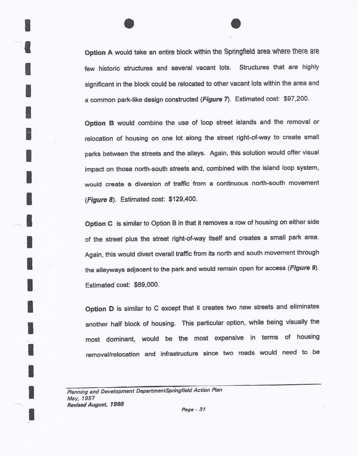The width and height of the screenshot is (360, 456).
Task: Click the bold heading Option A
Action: pyautogui.click(x=98, y=52)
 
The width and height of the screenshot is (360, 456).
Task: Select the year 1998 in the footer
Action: pyautogui.click(x=116, y=404)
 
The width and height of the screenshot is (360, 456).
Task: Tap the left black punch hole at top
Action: pyautogui.click(x=129, y=24)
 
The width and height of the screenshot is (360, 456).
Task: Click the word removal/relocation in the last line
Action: pyautogui.click(x=112, y=354)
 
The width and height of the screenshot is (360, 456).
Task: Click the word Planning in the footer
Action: pyautogui.click(x=77, y=390)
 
